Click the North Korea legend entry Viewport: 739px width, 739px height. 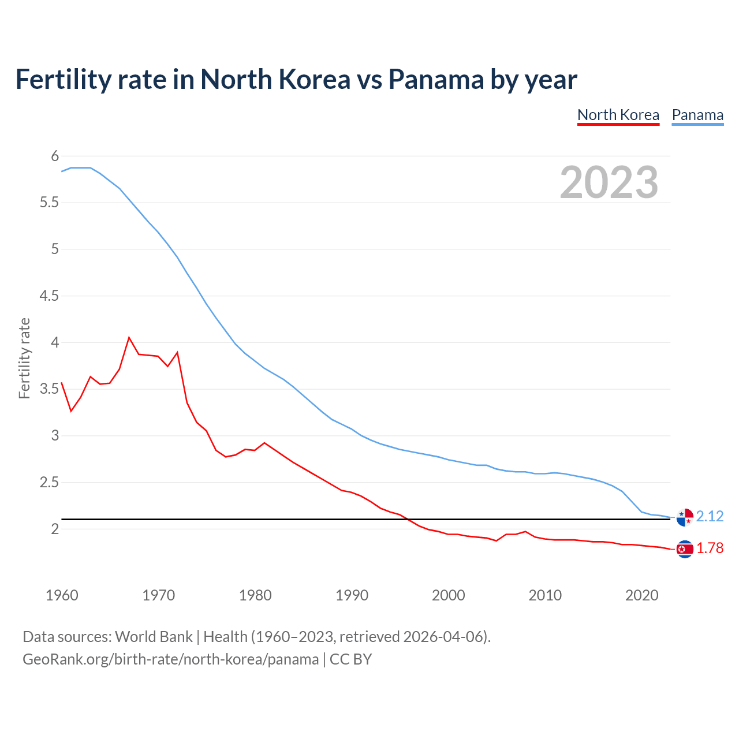click(x=618, y=115)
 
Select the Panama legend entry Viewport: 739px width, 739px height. click(x=697, y=115)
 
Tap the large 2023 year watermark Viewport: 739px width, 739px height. click(x=609, y=182)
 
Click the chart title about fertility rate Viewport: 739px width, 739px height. click(x=296, y=79)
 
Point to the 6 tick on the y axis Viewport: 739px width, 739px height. click(x=55, y=156)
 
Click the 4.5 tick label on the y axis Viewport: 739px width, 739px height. click(x=49, y=296)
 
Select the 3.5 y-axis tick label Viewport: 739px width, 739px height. click(x=49, y=389)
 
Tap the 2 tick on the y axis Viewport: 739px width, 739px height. click(x=55, y=529)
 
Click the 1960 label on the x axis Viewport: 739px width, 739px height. click(x=62, y=595)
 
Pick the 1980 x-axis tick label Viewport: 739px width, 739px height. click(x=255, y=595)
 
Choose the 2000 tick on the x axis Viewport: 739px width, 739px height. click(x=449, y=595)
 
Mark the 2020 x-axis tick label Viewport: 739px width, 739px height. click(x=641, y=595)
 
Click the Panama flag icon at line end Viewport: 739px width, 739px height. click(x=685, y=518)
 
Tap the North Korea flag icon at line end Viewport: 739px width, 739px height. click(x=685, y=549)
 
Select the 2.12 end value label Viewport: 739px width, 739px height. click(x=710, y=516)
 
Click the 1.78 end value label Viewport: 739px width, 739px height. click(x=710, y=548)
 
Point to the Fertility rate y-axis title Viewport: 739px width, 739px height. click(x=24, y=358)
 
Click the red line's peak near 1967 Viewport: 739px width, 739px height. click(x=129, y=337)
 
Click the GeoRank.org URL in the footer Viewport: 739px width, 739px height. click(x=170, y=659)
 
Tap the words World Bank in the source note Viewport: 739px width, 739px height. click(x=154, y=637)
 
